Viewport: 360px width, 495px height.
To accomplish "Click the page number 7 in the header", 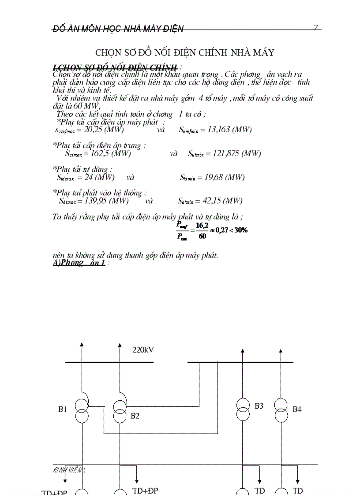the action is (315, 28).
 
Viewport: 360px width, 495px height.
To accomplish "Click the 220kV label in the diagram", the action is (143, 350).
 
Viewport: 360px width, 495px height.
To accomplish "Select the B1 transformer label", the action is (63, 409).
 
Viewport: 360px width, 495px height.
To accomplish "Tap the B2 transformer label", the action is (135, 415).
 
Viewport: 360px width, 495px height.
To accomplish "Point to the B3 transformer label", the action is (259, 406).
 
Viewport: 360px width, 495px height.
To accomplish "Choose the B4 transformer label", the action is (297, 409).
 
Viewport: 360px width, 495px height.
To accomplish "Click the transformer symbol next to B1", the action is (81, 410).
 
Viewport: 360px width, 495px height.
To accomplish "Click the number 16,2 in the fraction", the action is (202, 225).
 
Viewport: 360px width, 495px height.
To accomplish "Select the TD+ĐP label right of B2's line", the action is (145, 491).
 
